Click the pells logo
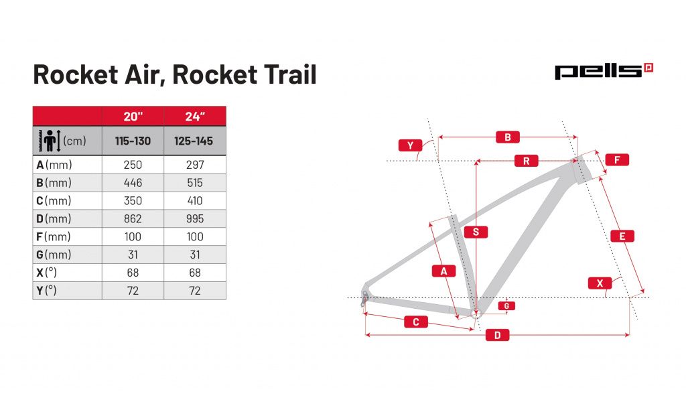click(x=604, y=71)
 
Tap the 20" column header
click(x=133, y=117)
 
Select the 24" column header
click(x=195, y=117)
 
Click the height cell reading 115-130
click(x=133, y=141)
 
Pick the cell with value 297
click(x=195, y=165)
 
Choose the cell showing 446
click(x=133, y=183)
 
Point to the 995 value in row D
click(x=195, y=219)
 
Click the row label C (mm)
click(x=54, y=201)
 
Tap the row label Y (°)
click(x=46, y=291)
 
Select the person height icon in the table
click(x=50, y=141)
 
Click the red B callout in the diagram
click(x=508, y=137)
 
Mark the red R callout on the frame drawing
click(x=527, y=161)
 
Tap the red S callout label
click(x=476, y=232)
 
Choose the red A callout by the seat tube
click(x=443, y=271)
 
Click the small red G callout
click(x=506, y=306)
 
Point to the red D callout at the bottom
click(x=498, y=335)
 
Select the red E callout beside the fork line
click(x=622, y=236)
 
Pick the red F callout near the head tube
click(x=617, y=159)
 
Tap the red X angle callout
click(x=600, y=283)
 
